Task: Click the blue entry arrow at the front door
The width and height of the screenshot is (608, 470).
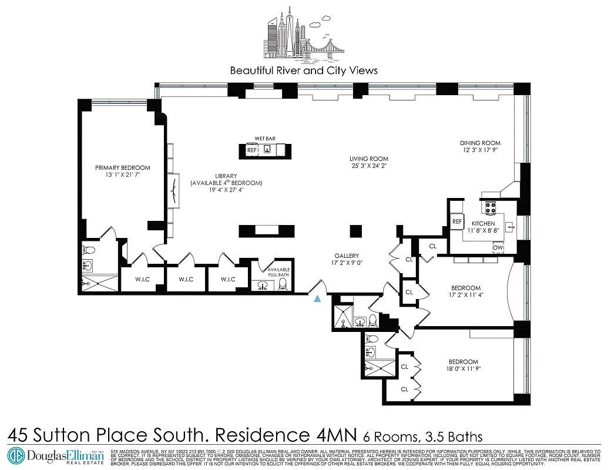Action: click(317, 298)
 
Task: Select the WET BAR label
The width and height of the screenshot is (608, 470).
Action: click(265, 139)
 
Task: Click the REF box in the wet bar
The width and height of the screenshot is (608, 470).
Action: click(251, 150)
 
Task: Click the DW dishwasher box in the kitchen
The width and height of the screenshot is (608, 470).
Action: click(498, 249)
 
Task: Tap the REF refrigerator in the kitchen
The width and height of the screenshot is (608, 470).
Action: click(458, 221)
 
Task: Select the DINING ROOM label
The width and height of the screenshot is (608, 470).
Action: click(480, 143)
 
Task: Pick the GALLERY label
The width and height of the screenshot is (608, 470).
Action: click(347, 256)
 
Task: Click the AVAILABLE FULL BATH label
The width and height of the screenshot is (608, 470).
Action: click(278, 272)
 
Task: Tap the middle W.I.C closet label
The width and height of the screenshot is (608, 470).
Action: click(186, 279)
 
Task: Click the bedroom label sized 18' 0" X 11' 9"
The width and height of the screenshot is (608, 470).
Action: click(463, 362)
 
